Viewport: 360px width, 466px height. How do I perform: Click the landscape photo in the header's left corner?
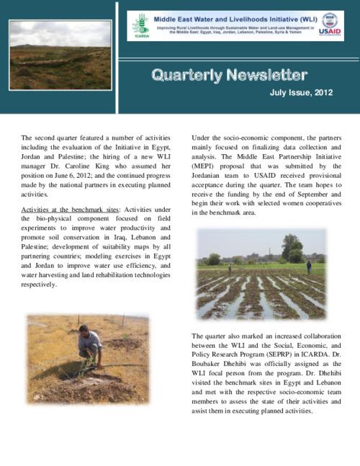tap(50, 57)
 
